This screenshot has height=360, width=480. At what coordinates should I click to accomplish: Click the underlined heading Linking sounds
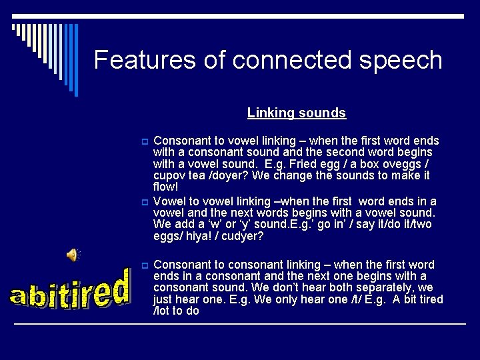coord(297,113)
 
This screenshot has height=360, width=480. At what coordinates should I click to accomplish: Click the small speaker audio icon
coord(72,254)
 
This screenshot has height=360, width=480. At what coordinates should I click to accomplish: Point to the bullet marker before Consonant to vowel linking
coord(143,141)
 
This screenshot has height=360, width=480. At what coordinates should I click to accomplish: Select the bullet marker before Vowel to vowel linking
coord(143,201)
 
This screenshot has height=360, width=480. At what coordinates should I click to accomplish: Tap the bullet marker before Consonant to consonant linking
coord(143,265)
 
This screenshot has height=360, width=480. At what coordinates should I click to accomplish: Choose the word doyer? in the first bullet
coord(231,176)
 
